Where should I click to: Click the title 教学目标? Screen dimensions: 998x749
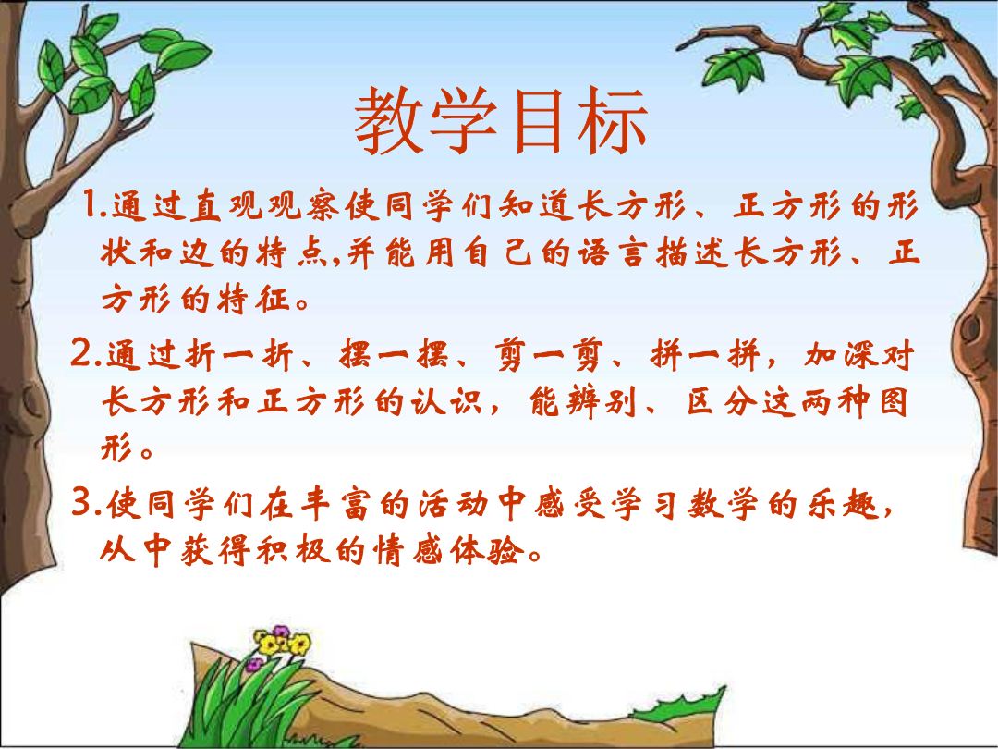coord(501,121)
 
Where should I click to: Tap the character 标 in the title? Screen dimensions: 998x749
coord(614,121)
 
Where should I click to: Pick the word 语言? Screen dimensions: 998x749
coord(612,252)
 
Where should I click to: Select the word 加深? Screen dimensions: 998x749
coord(840,355)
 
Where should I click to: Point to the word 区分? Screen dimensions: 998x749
coord(721,402)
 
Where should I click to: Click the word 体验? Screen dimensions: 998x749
coord(487,550)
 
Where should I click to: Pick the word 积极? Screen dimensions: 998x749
coord(293,550)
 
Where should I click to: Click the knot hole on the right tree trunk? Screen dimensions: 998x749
coord(971,329)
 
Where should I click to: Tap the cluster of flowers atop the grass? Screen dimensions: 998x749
coord(280,645)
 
